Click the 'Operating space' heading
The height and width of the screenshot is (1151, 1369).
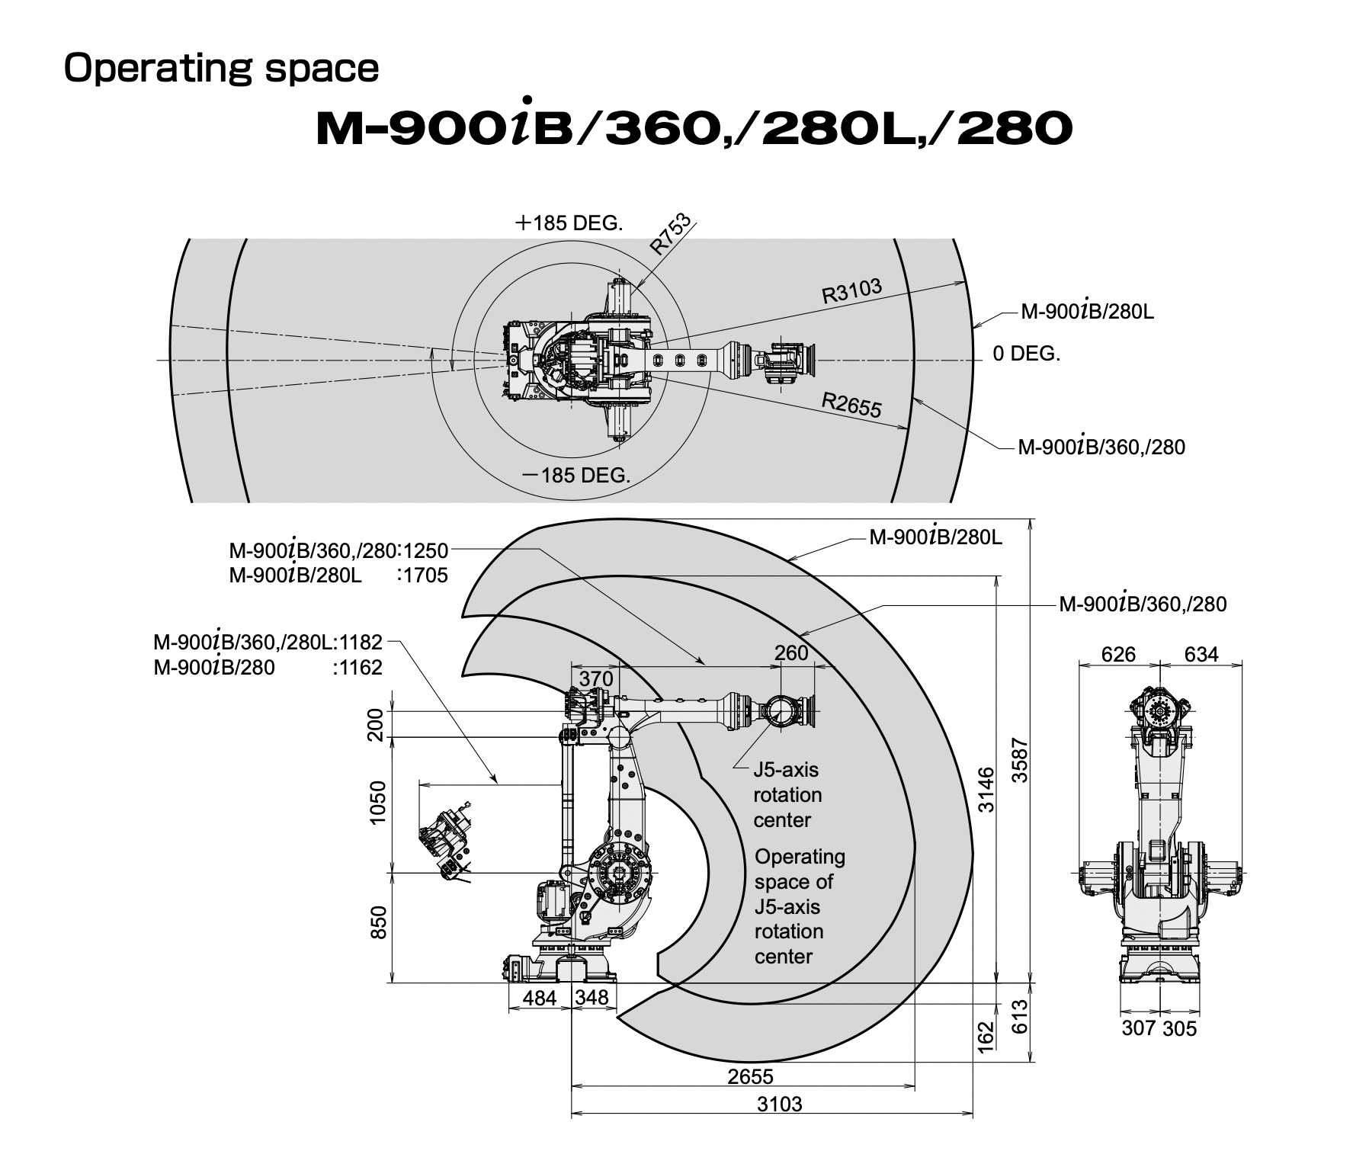[x=221, y=69]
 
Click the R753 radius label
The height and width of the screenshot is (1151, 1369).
[x=670, y=234]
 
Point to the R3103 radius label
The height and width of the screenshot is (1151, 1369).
[x=851, y=291]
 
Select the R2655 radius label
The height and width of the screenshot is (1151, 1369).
[x=851, y=405]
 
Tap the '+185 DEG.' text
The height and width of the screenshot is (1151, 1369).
[x=569, y=223]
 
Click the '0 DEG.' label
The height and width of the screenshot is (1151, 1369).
[x=1026, y=354]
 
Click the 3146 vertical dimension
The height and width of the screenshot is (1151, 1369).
[x=986, y=790]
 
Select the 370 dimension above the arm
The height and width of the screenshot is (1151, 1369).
[x=596, y=678]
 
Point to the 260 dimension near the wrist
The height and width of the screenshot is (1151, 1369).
[x=791, y=652]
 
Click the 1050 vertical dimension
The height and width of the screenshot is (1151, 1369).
[x=377, y=802]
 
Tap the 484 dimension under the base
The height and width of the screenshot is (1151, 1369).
[x=540, y=997]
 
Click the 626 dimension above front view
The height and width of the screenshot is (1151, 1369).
[x=1118, y=654]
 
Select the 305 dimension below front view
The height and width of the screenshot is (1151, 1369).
[x=1180, y=1028]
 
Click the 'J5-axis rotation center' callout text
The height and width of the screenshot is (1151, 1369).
[x=787, y=794]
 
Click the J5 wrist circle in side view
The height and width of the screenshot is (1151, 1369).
[x=781, y=711]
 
